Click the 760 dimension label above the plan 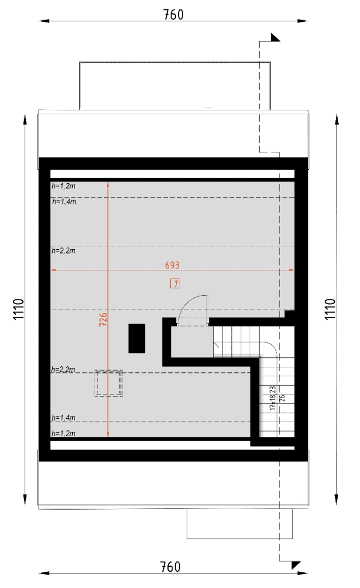pyautogui.click(x=173, y=15)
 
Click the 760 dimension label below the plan pyautogui.click(x=170, y=567)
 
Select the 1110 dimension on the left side pyautogui.click(x=18, y=309)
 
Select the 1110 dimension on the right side pyautogui.click(x=330, y=309)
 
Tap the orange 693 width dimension pyautogui.click(x=172, y=265)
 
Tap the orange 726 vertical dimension pyautogui.click(x=103, y=320)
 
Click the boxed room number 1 pyautogui.click(x=175, y=283)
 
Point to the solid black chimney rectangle pyautogui.click(x=137, y=338)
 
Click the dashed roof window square pyautogui.click(x=109, y=383)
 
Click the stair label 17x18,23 pyautogui.click(x=273, y=398)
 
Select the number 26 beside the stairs pyautogui.click(x=282, y=398)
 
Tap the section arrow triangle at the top pyautogui.click(x=275, y=37)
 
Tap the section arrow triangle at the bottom pyautogui.click(x=296, y=565)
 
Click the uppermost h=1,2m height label pyautogui.click(x=63, y=185)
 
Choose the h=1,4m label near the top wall pyautogui.click(x=64, y=202)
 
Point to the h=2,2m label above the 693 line pyautogui.click(x=63, y=250)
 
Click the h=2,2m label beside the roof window pyautogui.click(x=63, y=370)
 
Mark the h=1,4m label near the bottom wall pyautogui.click(x=63, y=418)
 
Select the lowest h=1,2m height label pyautogui.click(x=63, y=433)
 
